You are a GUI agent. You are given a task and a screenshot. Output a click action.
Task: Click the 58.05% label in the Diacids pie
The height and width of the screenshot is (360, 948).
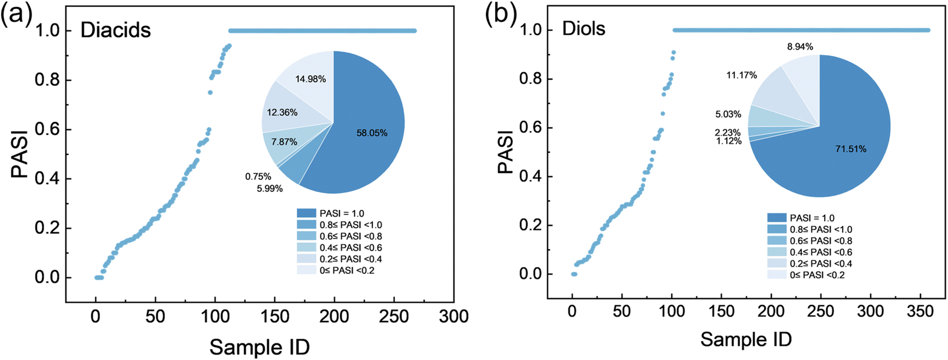tap(372, 133)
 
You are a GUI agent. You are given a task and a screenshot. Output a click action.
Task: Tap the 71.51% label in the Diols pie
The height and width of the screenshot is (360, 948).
tap(851, 149)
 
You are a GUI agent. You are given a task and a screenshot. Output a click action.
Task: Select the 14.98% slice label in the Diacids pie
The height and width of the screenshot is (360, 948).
tap(311, 79)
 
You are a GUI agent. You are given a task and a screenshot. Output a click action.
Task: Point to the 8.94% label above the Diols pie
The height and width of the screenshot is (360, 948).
tap(800, 47)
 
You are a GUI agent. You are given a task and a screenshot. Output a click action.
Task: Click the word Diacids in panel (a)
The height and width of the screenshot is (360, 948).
tap(116, 30)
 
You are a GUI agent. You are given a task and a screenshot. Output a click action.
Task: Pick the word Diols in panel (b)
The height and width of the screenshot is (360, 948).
tap(583, 29)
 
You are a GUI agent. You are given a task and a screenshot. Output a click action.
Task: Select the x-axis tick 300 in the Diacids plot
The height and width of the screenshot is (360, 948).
tap(454, 316)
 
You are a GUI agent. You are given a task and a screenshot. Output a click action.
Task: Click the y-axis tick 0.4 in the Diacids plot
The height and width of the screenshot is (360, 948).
tap(48, 179)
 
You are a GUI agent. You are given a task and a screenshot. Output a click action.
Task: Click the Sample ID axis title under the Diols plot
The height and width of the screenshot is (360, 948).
tap(746, 339)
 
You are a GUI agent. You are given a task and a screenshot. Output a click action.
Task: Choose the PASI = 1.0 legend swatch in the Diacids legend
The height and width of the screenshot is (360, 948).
tap(307, 213)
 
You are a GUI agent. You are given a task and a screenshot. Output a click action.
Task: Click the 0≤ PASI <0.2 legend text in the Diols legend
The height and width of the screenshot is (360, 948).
tap(817, 275)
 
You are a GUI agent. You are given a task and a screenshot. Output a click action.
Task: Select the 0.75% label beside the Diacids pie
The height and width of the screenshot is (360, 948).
tap(258, 177)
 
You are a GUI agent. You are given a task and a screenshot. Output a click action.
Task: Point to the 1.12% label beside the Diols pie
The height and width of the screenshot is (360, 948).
tap(728, 141)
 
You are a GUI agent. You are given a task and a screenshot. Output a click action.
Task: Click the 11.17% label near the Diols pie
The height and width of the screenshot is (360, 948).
tap(742, 75)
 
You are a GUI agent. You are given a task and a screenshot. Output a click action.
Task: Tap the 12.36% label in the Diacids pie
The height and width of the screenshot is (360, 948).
tap(282, 112)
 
